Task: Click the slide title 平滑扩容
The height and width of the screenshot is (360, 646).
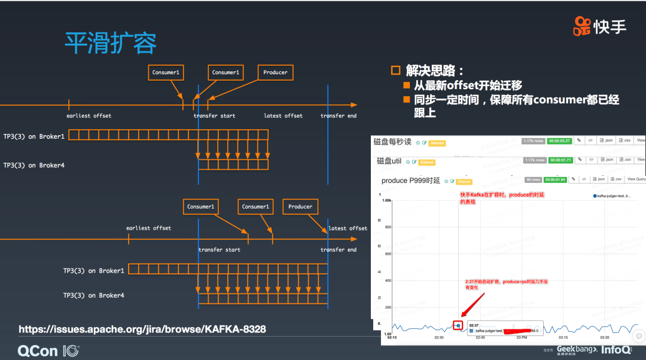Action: [111, 43]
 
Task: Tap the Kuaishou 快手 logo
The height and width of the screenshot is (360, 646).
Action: [599, 26]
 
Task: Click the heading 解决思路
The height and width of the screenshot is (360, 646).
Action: [435, 71]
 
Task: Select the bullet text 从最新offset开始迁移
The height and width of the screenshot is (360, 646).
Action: [469, 86]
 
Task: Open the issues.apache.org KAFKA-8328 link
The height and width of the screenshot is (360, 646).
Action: [142, 329]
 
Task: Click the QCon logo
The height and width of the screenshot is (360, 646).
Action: [48, 350]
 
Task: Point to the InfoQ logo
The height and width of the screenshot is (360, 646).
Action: [615, 349]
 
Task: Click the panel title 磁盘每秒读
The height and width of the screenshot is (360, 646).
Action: [392, 142]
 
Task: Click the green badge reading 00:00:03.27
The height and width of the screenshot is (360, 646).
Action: [559, 141]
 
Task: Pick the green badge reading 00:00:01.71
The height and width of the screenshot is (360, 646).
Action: [559, 160]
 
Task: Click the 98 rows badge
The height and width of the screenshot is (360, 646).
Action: [533, 179]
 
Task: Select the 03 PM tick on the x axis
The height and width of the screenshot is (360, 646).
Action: [521, 337]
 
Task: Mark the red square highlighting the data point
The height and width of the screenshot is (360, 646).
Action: [458, 325]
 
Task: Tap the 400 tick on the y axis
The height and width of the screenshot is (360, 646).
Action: [387, 280]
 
